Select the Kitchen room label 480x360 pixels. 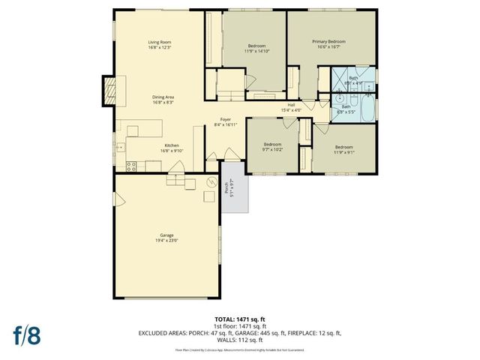click(x=172, y=145)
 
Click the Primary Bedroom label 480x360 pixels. click(x=328, y=43)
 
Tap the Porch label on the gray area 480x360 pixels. click(x=232, y=187)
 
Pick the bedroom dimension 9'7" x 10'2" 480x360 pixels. click(x=272, y=148)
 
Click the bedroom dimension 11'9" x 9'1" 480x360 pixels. click(x=343, y=151)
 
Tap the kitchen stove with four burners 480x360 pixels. click(x=131, y=165)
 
